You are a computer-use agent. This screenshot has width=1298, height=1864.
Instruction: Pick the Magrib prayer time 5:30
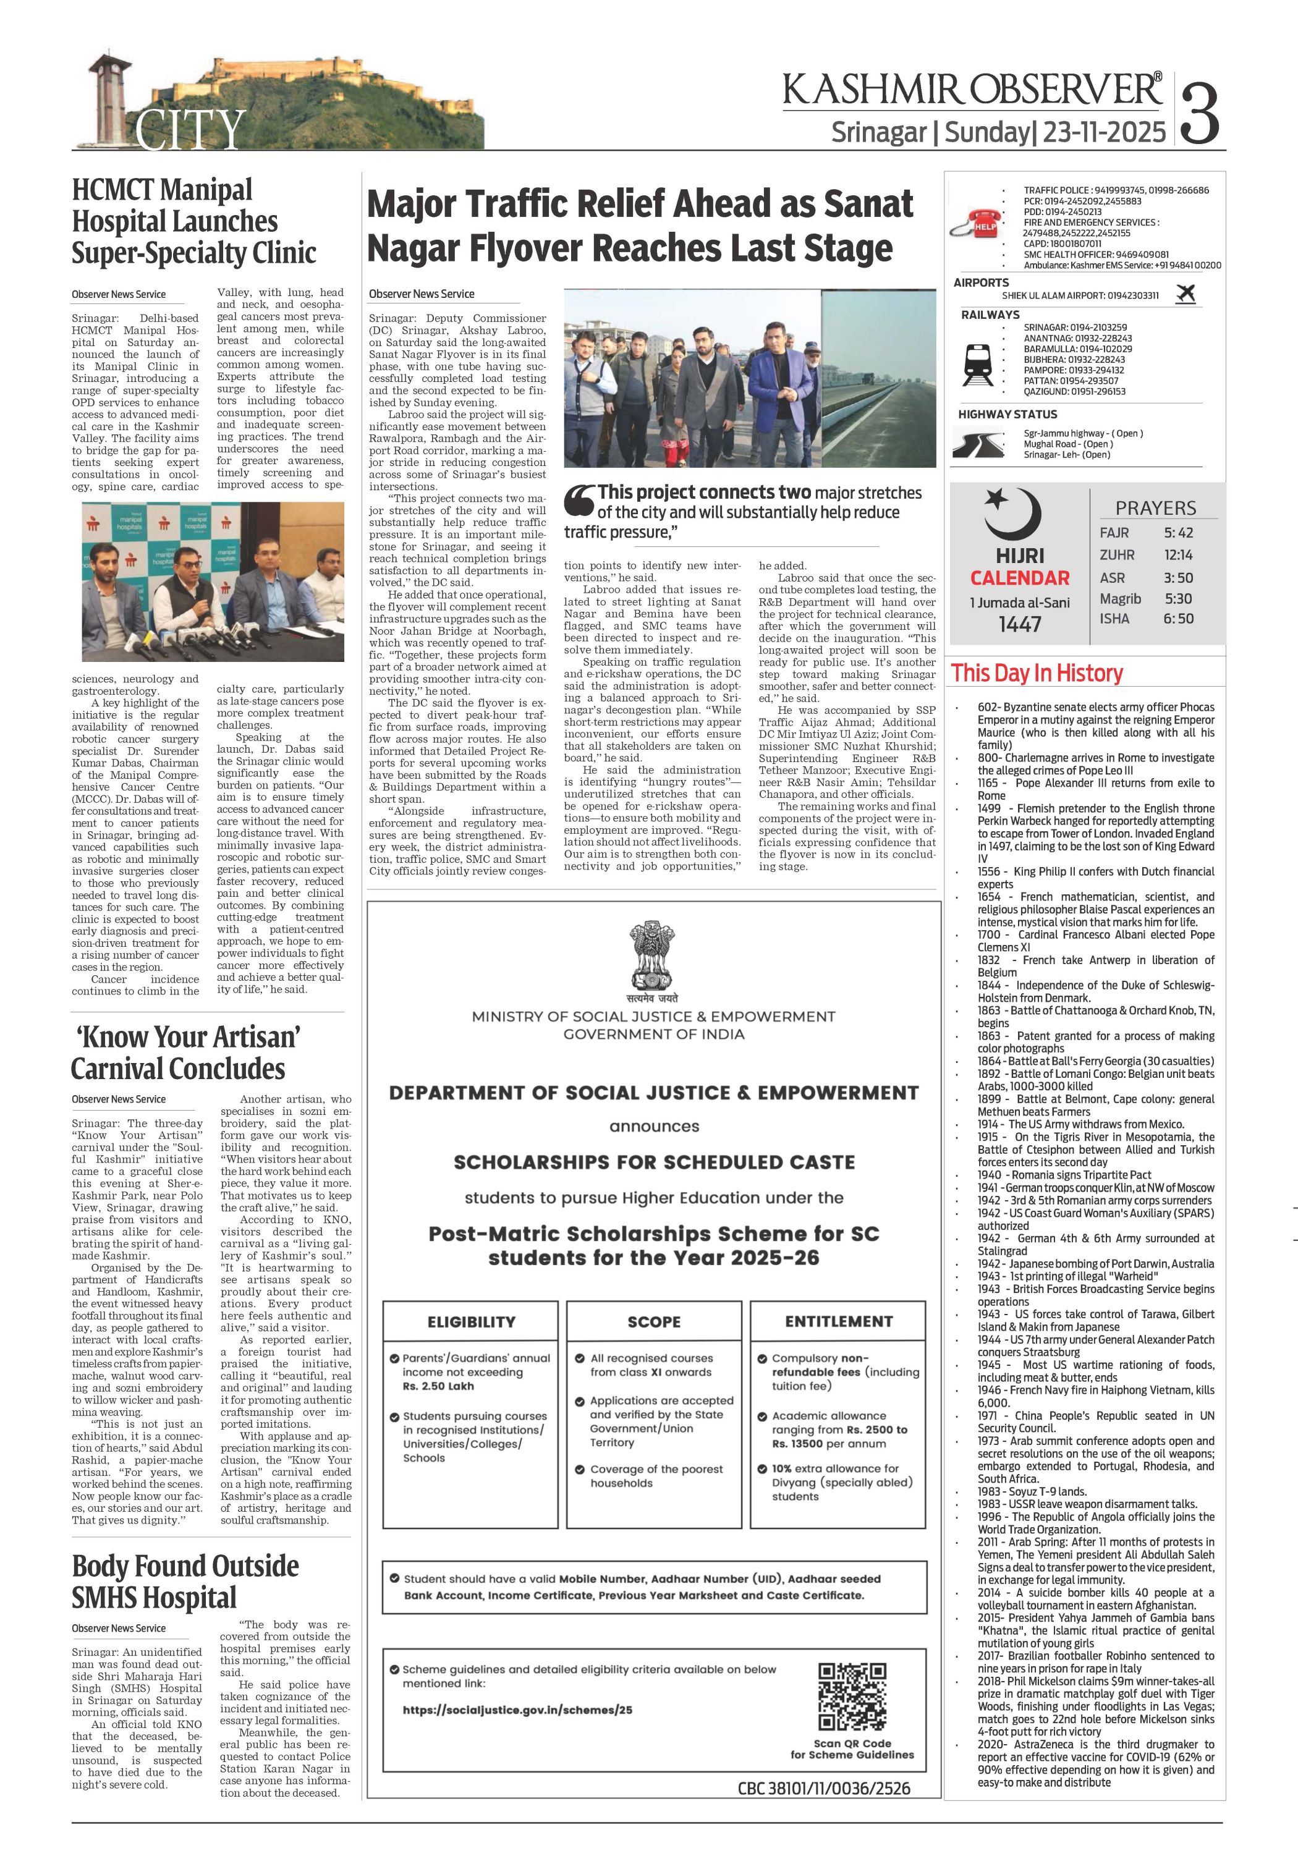coord(1178,598)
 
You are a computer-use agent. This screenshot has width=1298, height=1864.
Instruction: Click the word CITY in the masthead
coord(189,130)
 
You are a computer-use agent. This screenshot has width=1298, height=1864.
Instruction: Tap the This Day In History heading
coord(1037,673)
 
